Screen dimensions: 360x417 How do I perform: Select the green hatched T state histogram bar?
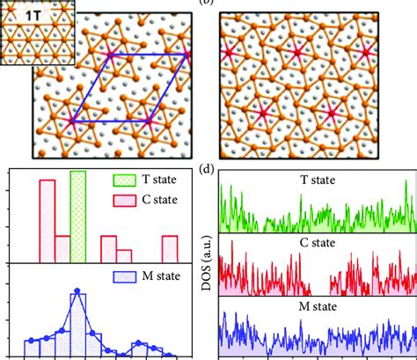(x=77, y=217)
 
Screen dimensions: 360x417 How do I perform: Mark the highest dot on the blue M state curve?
(x=77, y=291)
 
